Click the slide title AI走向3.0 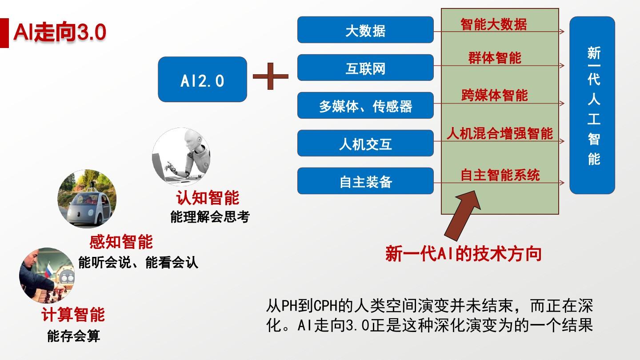pos(60,32)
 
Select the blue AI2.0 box pos(202,79)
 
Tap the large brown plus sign pos(271,76)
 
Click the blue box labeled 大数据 pos(365,30)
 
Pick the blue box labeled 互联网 pos(365,68)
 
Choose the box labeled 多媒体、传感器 pos(365,105)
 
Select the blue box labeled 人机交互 pos(365,143)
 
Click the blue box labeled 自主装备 pos(365,181)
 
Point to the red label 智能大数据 pos(494,24)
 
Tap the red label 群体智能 pos(495,58)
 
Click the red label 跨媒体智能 pos(495,95)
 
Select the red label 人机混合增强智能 pos(500,133)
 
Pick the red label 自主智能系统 pos(500,175)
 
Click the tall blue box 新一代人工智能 pos(592,105)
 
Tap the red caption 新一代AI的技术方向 pos(464,253)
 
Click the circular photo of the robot pos(181,156)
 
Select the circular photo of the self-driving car pos(87,199)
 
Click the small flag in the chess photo pos(49,270)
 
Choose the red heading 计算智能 pos(73,315)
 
